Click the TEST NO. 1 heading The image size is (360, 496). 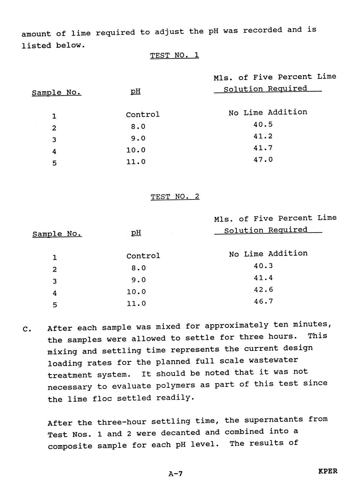pyautogui.click(x=174, y=55)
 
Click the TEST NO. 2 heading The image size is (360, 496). pyautogui.click(x=175, y=197)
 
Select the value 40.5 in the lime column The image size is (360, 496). pyautogui.click(x=263, y=124)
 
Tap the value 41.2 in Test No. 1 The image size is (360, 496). pyautogui.click(x=263, y=136)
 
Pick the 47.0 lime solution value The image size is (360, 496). pyautogui.click(x=263, y=160)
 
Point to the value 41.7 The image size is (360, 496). pyautogui.click(x=263, y=148)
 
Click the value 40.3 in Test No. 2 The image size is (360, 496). pyautogui.click(x=263, y=266)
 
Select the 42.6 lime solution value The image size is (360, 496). pyautogui.click(x=263, y=290)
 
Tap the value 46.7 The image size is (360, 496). pyautogui.click(x=263, y=302)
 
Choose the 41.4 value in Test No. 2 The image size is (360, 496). pyautogui.click(x=263, y=278)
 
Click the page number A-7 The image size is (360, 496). pyautogui.click(x=176, y=474)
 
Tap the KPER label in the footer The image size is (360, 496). pyautogui.click(x=328, y=471)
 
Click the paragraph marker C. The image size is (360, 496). pyautogui.click(x=27, y=329)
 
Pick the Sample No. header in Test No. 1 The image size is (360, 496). pyautogui.click(x=56, y=93)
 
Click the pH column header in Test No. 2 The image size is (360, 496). pyautogui.click(x=136, y=233)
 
